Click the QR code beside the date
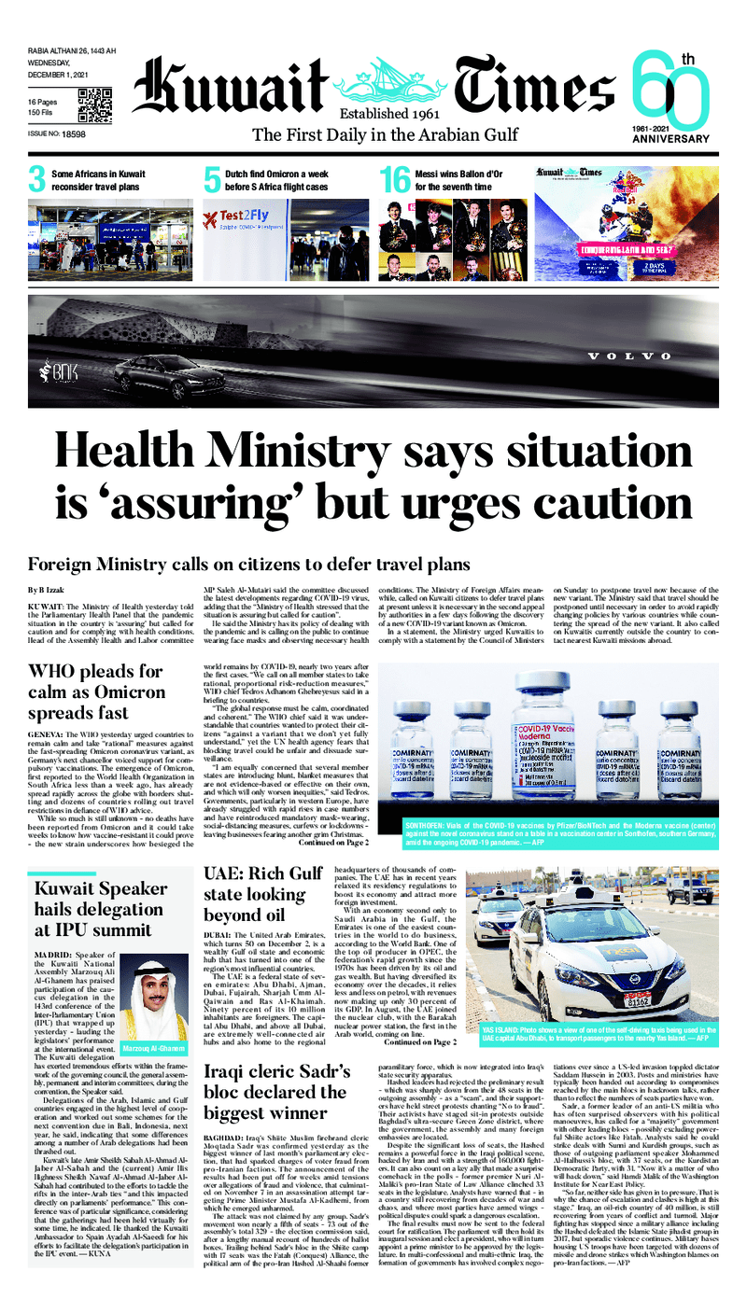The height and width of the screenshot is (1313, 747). [94, 105]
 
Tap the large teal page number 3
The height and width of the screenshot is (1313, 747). [37, 179]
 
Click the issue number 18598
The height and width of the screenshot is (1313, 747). [72, 135]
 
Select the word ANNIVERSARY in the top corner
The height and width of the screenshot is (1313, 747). [670, 139]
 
